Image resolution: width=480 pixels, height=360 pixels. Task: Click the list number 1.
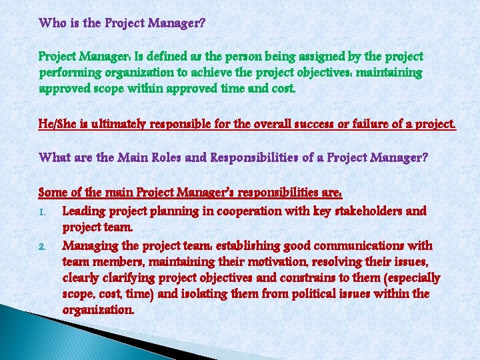43,212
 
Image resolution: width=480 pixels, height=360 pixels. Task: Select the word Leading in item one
84,211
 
